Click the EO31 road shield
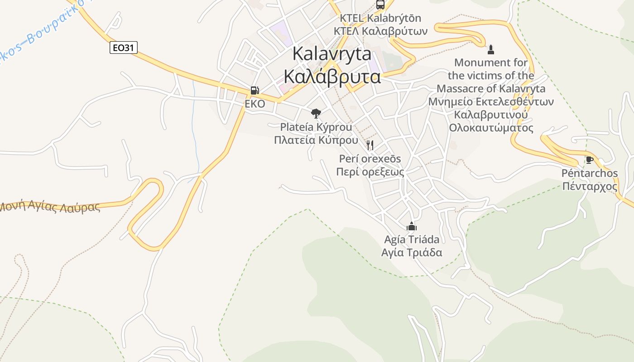click(123, 48)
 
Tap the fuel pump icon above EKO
click(255, 90)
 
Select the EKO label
click(255, 104)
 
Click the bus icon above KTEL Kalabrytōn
click(380, 5)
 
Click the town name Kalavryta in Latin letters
click(332, 54)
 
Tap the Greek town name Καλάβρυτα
click(332, 76)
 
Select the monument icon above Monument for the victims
click(491, 49)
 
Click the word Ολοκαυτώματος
click(491, 128)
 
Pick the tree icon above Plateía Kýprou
click(316, 113)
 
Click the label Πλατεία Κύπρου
click(316, 140)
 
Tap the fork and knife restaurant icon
click(370, 145)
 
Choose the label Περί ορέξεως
click(370, 172)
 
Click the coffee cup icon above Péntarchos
click(589, 160)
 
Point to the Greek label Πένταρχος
click(590, 186)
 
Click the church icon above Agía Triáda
click(412, 226)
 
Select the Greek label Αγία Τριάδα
click(412, 252)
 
